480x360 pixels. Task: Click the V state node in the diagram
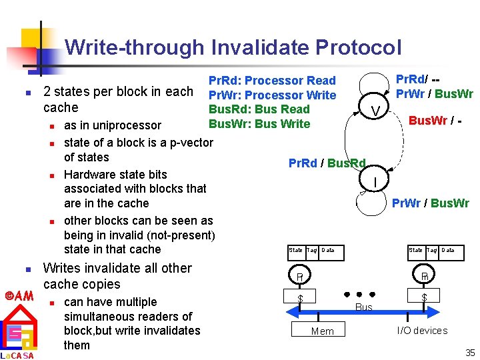377,110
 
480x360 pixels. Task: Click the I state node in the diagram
375,181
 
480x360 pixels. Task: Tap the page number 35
470,353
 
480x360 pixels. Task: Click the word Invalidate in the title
259,47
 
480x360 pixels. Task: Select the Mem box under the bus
323,331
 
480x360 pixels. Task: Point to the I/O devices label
422,331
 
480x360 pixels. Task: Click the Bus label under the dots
364,307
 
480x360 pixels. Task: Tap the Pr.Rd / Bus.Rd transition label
327,163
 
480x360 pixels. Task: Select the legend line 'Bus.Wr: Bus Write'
259,123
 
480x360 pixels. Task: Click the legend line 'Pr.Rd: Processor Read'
272,81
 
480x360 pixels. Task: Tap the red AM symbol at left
19,295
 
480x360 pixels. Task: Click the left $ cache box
301,297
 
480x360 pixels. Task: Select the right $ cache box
423,295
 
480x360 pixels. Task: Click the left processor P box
301,275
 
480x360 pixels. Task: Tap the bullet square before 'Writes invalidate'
27,269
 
